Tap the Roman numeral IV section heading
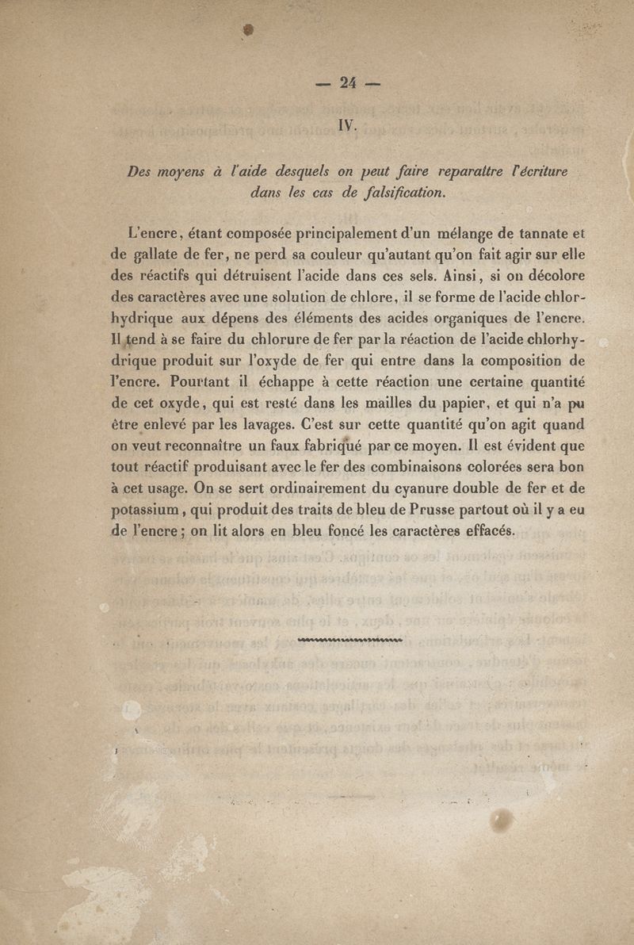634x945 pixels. coord(349,124)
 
